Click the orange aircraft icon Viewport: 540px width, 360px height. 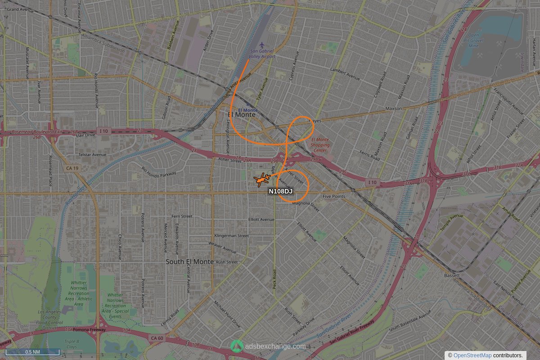[x=261, y=180]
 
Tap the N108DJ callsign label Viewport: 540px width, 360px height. [x=280, y=192]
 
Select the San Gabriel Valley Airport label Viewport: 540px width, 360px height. [x=262, y=54]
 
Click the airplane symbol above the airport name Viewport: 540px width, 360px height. [x=262, y=45]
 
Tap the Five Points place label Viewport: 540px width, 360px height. [x=333, y=197]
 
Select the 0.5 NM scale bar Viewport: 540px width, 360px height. [x=32, y=352]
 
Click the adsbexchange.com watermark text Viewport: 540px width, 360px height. [x=275, y=346]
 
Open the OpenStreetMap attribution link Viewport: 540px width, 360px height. [x=472, y=355]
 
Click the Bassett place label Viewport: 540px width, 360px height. [x=451, y=275]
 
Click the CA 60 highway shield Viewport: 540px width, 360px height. [x=157, y=337]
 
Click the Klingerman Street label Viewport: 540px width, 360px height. [x=231, y=236]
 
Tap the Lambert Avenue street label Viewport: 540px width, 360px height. [x=346, y=71]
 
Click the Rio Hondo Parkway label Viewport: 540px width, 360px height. [x=159, y=172]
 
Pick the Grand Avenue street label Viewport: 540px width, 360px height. [x=20, y=9]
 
